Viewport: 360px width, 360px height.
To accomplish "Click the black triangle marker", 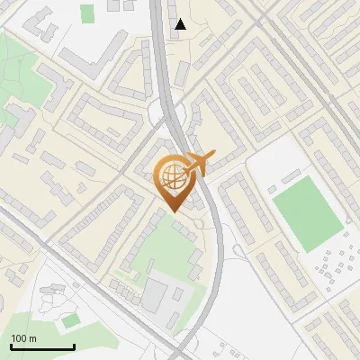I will (181, 24).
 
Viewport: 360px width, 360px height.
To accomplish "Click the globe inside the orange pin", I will (173, 177).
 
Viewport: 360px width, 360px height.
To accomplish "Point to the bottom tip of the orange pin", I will (174, 211).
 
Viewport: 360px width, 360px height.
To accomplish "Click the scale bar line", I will (42, 346).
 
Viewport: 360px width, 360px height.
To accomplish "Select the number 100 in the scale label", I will (18, 338).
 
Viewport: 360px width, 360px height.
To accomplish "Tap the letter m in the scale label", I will (31, 338).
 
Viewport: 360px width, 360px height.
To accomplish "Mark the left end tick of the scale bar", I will (11, 345).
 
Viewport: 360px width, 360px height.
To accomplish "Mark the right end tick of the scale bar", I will (74, 345).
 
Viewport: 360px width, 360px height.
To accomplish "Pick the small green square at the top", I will (86, 13).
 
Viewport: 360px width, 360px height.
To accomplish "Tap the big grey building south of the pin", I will (157, 293).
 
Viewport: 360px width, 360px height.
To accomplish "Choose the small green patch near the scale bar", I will (70, 320).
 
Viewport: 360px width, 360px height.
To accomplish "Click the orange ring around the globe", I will (159, 177).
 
